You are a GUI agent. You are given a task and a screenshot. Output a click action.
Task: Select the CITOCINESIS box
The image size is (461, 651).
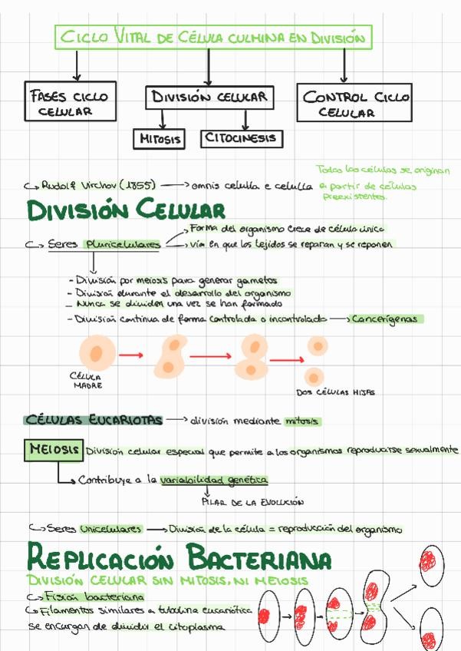[x=242, y=139]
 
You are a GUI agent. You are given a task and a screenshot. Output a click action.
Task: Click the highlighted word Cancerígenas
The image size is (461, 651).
[x=388, y=319]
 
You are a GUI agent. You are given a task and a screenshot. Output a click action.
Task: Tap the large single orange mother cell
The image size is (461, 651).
[x=96, y=355]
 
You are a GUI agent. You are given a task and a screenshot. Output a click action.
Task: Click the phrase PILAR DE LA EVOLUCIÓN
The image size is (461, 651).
[x=252, y=503]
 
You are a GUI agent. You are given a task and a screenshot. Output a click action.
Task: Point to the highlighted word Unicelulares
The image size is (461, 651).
[x=110, y=529]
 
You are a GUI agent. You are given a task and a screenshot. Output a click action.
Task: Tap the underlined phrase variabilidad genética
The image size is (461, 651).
[x=214, y=480]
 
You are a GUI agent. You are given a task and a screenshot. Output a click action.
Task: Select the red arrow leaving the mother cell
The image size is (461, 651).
[x=132, y=355]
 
